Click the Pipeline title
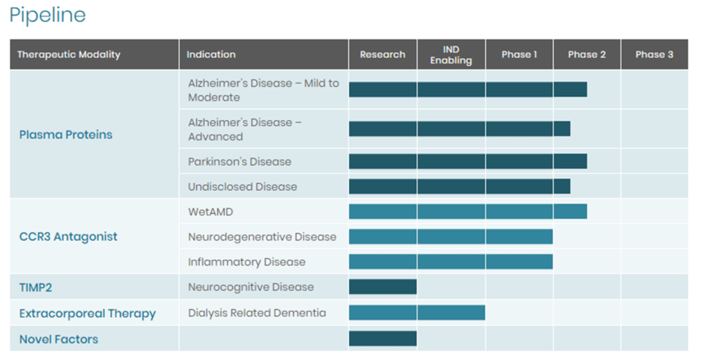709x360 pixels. pyautogui.click(x=47, y=15)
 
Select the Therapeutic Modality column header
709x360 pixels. pyautogui.click(x=69, y=55)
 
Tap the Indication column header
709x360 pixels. pyautogui.click(x=211, y=55)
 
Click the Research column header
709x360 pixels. pyautogui.click(x=382, y=55)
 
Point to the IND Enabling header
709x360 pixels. pyautogui.click(x=451, y=55)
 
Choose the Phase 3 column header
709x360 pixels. pyautogui.click(x=654, y=55)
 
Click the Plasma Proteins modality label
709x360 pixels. pyautogui.click(x=66, y=135)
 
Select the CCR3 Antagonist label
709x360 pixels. pyautogui.click(x=69, y=237)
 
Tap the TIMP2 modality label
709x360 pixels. pyautogui.click(x=35, y=287)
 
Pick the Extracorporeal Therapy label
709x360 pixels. pyautogui.click(x=87, y=314)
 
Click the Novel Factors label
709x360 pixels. pyautogui.click(x=59, y=339)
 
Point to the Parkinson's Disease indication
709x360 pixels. pyautogui.click(x=240, y=162)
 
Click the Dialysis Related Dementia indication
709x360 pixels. pyautogui.click(x=257, y=313)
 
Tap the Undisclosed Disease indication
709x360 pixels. pyautogui.click(x=242, y=187)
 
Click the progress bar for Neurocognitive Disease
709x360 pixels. pyautogui.click(x=383, y=287)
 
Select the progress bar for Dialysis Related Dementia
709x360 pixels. pyautogui.click(x=417, y=313)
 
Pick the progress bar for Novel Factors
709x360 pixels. pyautogui.click(x=383, y=339)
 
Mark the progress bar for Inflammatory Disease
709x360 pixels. pyautogui.click(x=451, y=262)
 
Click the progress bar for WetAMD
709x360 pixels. pyautogui.click(x=468, y=211)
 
